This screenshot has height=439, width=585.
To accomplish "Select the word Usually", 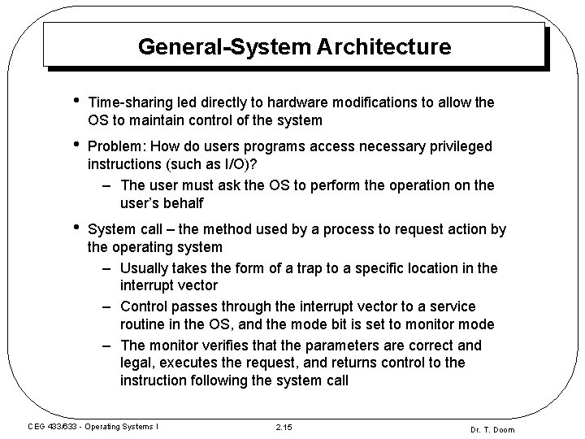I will (145, 267).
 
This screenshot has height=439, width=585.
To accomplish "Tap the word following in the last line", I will (223, 380).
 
